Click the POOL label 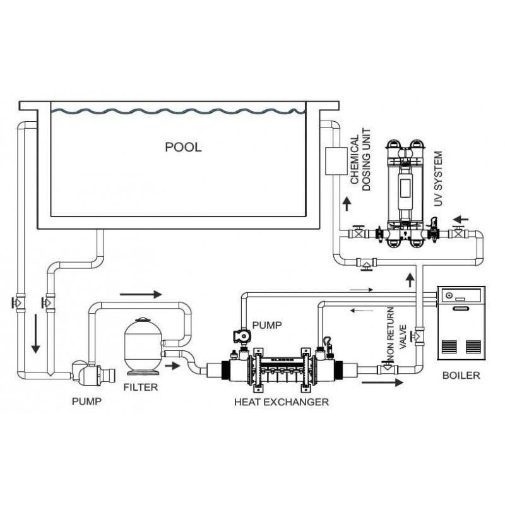183,147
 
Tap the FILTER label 141,387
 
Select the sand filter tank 143,347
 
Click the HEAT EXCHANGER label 282,402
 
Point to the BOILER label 461,375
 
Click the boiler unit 461,323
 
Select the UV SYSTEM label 438,179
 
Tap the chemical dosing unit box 336,161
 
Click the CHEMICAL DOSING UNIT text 360,160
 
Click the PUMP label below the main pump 86,401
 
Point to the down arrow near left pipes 35,334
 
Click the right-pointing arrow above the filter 140,294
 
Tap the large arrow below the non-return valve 383,383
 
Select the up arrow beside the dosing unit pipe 347,204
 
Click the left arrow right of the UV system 461,220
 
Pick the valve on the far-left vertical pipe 18,303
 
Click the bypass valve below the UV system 366,263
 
